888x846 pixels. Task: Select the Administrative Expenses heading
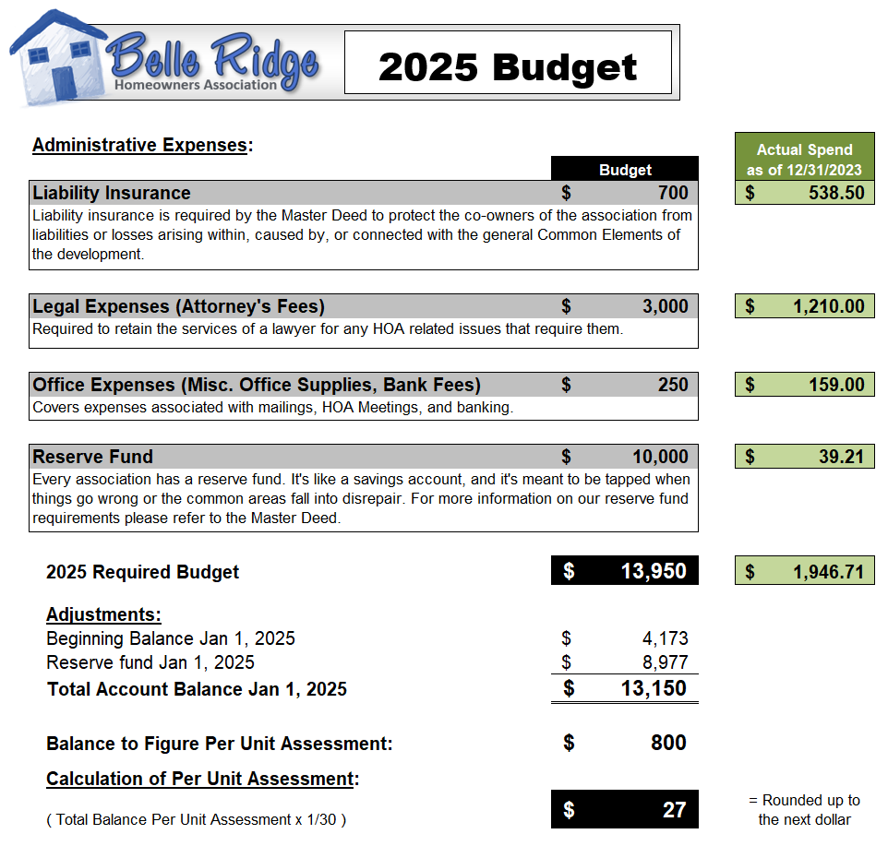141,145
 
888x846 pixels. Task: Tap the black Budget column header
625,169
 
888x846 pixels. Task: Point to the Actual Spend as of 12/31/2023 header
804,159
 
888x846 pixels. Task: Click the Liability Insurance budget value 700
673,193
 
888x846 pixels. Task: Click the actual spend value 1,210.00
828,306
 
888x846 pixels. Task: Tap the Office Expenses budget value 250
673,385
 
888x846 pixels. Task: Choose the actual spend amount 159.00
836,385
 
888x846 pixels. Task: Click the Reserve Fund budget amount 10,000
660,457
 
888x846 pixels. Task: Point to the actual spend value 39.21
841,457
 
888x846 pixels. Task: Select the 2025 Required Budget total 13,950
654,571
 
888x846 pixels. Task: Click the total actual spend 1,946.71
828,572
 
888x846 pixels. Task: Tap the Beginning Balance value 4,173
665,638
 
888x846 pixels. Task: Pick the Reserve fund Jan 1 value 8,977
665,662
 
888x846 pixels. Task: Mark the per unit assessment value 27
674,809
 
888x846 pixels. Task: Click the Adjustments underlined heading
103,614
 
